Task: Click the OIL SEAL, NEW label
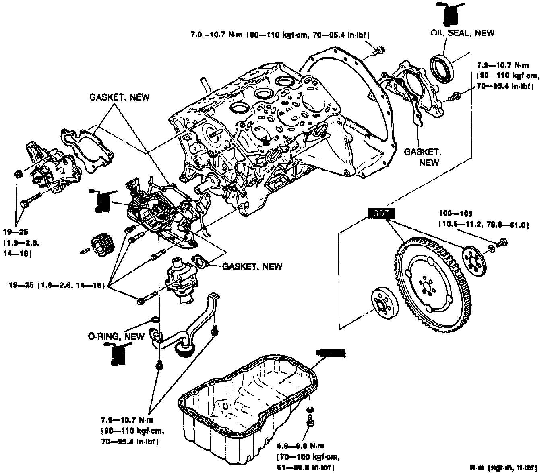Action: (x=462, y=33)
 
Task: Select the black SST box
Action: (x=381, y=213)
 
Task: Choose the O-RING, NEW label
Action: (x=116, y=336)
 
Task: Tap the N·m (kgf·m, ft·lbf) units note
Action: (x=503, y=467)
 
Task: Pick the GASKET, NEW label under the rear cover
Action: (x=422, y=157)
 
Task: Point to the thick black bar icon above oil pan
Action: (x=331, y=353)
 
